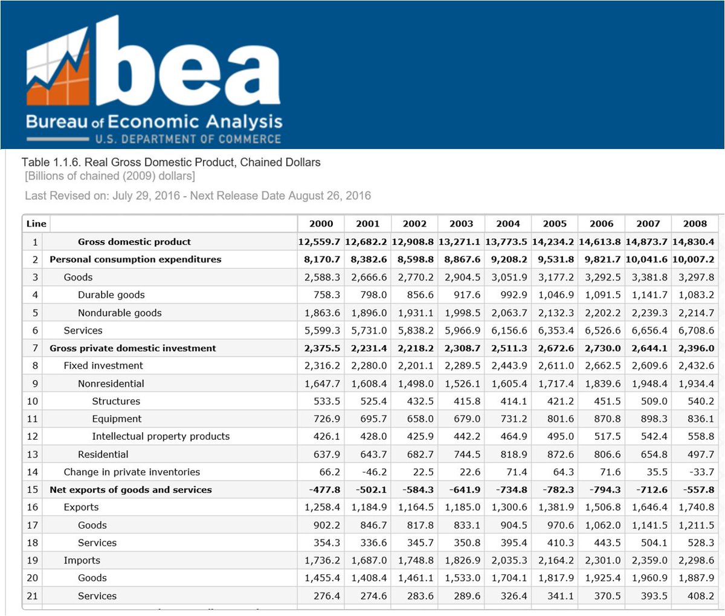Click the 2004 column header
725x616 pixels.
click(x=507, y=223)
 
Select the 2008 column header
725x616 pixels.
click(x=695, y=223)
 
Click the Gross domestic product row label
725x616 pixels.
click(x=134, y=242)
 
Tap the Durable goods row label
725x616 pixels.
click(x=111, y=295)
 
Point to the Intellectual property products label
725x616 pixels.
click(x=161, y=436)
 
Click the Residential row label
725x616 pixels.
click(x=103, y=454)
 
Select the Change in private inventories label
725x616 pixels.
click(x=132, y=472)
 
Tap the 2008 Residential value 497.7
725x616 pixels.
click(x=700, y=454)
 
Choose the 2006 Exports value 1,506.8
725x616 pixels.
click(x=602, y=507)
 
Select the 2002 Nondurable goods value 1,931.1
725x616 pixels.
click(x=416, y=313)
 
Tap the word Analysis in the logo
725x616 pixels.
click(x=243, y=122)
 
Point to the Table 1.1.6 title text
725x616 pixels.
click(x=171, y=162)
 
